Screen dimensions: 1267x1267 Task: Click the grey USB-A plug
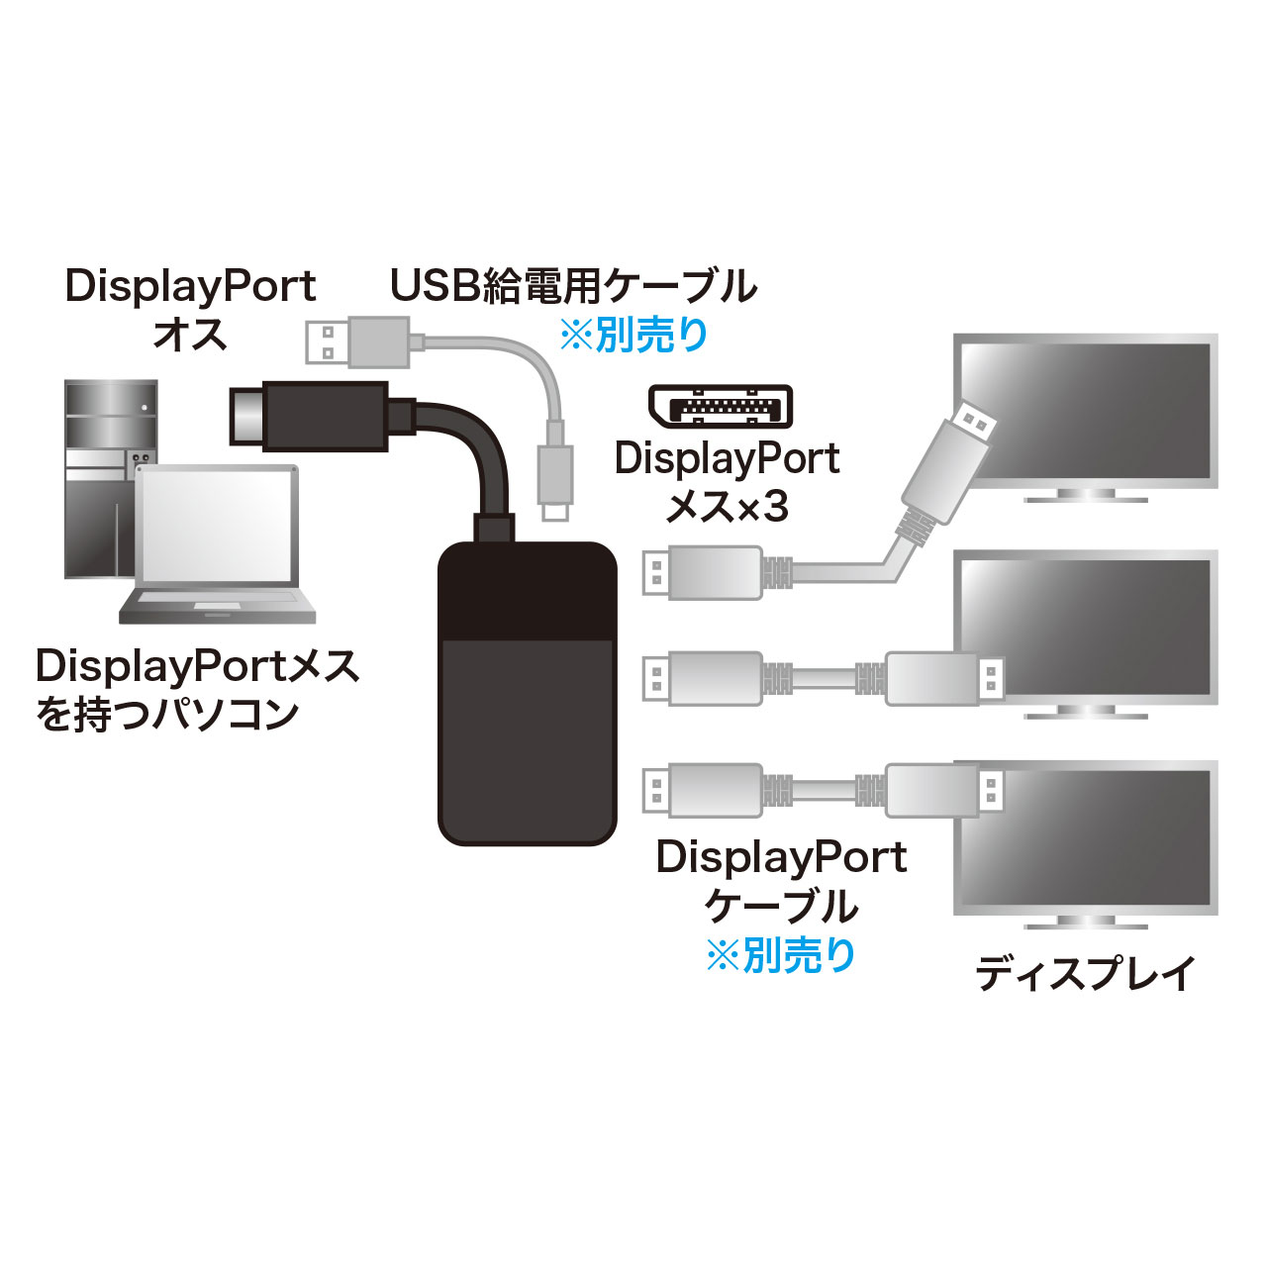point(356,341)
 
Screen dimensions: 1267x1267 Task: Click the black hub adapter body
point(528,693)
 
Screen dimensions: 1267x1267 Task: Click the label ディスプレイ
point(1085,974)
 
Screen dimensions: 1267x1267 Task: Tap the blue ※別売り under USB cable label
point(634,336)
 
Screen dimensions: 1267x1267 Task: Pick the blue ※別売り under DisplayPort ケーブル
point(781,955)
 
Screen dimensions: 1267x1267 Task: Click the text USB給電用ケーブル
point(573,286)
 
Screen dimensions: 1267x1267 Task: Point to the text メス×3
point(728,508)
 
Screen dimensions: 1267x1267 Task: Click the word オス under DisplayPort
point(190,335)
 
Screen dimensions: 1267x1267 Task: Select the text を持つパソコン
point(167,714)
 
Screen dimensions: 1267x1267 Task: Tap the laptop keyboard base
point(217,606)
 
